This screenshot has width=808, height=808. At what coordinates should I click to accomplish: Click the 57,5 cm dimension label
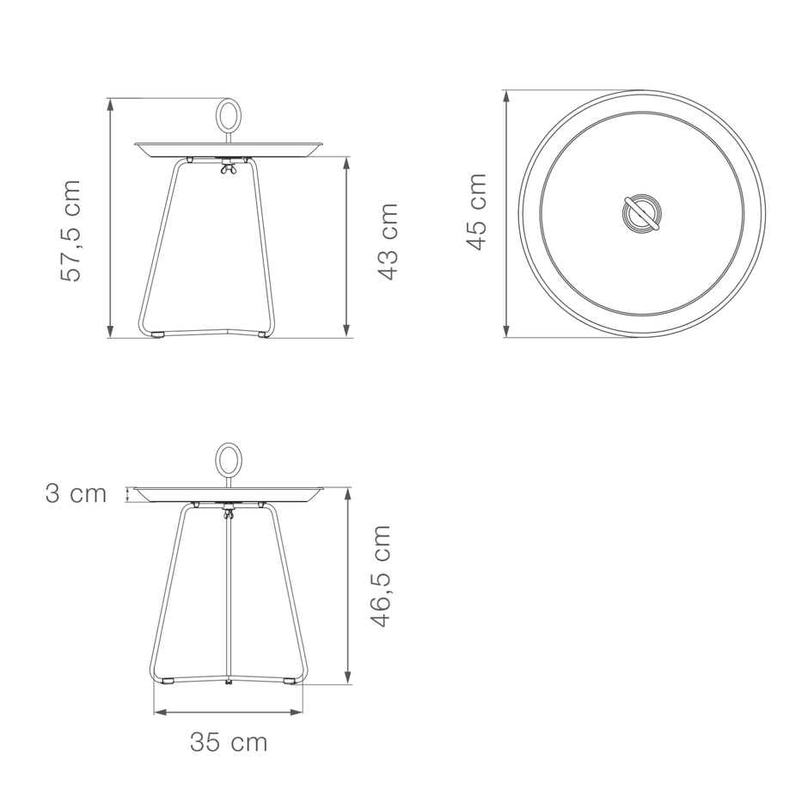(x=70, y=231)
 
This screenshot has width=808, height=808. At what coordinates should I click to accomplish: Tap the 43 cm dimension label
(x=388, y=242)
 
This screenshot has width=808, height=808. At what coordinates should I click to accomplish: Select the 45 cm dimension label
(x=476, y=211)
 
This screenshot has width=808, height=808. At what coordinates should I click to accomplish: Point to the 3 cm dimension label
(x=76, y=493)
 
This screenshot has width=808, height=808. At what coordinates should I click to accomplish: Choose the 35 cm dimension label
(x=229, y=743)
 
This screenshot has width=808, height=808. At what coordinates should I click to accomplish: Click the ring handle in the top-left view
(x=227, y=114)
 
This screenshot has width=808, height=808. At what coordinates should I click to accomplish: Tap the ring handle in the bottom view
(x=227, y=460)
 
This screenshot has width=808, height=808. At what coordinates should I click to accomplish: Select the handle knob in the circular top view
(x=640, y=213)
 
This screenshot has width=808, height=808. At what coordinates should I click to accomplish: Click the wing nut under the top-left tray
(x=227, y=167)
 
